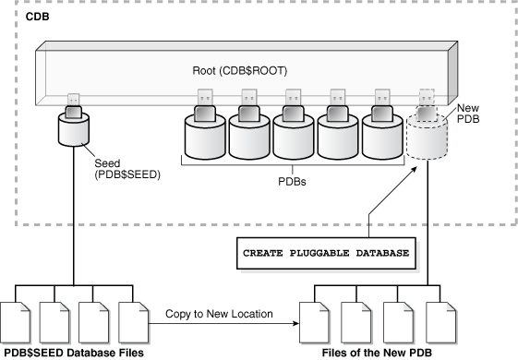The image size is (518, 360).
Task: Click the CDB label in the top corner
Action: [36, 18]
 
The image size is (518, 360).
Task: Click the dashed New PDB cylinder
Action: [426, 138]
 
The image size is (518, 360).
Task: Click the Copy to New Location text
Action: [219, 314]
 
